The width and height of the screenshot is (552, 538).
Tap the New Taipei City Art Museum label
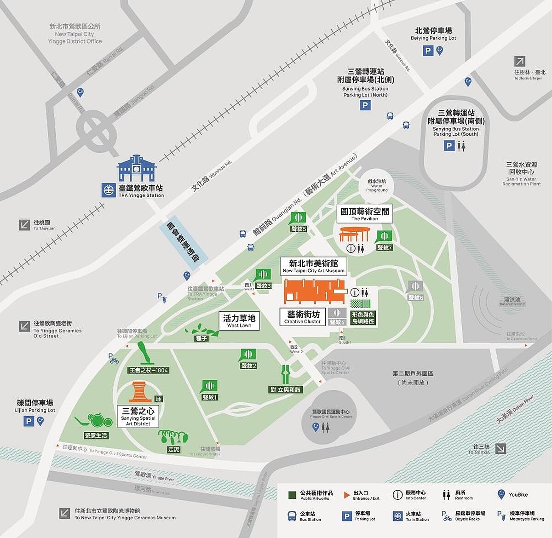[x=313, y=266]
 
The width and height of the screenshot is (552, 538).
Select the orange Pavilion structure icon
[x=354, y=234]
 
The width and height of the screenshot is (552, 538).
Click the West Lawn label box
[x=239, y=321]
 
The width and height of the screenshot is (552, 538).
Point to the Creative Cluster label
[x=302, y=317]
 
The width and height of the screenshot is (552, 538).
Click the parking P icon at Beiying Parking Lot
[x=428, y=51]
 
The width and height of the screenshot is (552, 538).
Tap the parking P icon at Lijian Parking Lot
[x=29, y=421]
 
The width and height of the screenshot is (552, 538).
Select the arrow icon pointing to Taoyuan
[x=25, y=225]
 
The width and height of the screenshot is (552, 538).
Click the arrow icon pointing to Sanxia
[x=500, y=449]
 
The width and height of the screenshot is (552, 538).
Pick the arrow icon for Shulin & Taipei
[x=520, y=61]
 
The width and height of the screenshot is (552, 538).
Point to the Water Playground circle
[x=377, y=186]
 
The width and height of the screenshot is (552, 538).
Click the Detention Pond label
[x=512, y=302]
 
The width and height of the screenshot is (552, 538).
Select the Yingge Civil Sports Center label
[x=331, y=414]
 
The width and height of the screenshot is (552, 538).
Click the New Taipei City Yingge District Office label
[x=75, y=34]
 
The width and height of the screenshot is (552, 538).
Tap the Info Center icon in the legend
[x=397, y=495]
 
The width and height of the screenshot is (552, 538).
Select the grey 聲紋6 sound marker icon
[x=415, y=287]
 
